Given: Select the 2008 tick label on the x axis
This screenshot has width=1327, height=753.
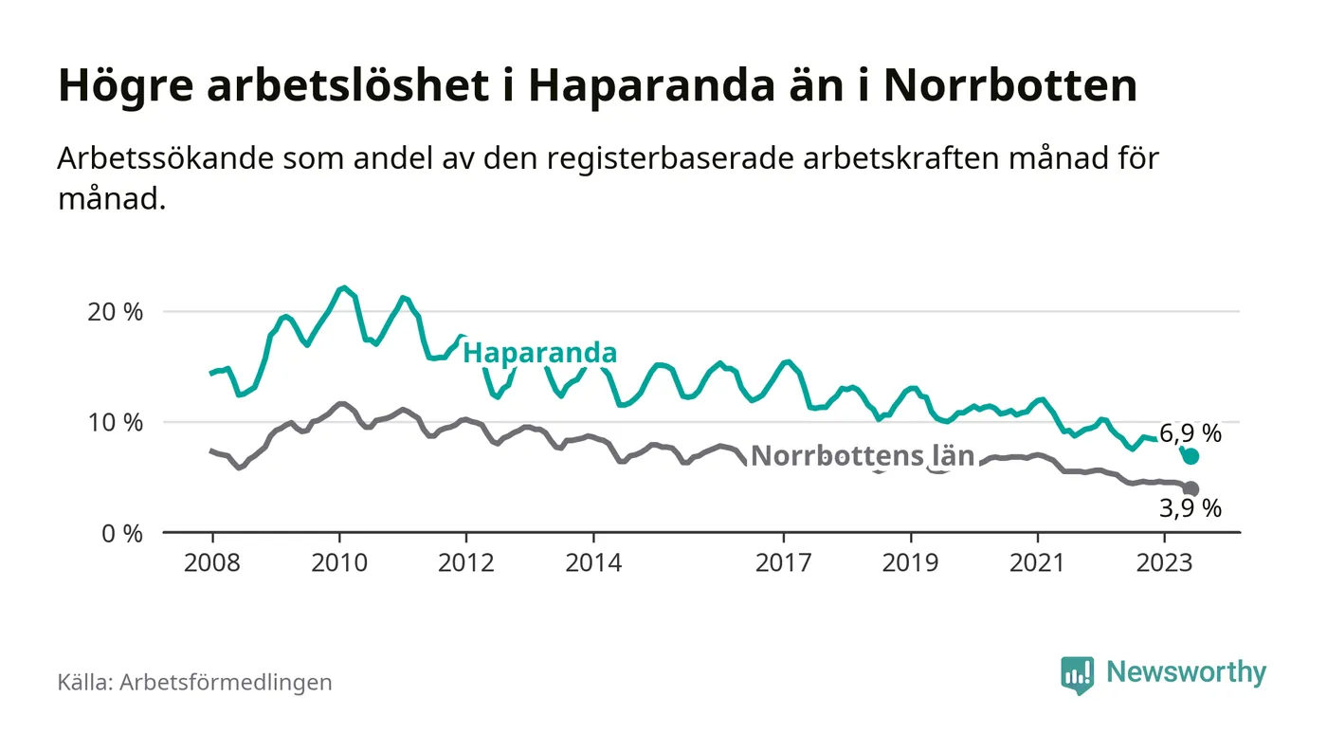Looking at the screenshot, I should [x=211, y=562].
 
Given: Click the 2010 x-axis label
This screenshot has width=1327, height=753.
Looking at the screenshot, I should [x=338, y=562].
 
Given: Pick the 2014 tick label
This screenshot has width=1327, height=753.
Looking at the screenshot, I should [x=592, y=562].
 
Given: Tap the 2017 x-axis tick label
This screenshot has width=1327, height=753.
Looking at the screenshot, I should [x=783, y=562].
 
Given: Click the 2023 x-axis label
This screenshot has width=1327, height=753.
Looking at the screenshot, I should [x=1164, y=562].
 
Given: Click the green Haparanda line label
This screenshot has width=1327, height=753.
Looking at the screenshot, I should [x=539, y=354].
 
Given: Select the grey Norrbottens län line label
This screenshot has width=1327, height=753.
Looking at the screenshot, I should [x=862, y=456].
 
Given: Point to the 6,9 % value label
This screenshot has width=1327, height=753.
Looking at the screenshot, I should [x=1190, y=434].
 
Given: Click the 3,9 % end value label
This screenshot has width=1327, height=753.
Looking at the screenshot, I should [x=1191, y=508].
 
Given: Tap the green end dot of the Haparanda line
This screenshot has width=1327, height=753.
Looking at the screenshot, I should [x=1191, y=456].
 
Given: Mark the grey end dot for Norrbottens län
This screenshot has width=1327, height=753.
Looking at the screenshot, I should [x=1191, y=489].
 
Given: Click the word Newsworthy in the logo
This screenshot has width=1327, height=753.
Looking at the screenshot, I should [x=1186, y=672].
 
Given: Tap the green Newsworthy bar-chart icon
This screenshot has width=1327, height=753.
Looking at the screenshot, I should [x=1077, y=674].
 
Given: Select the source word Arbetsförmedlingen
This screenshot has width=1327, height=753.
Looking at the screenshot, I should [x=226, y=682].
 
